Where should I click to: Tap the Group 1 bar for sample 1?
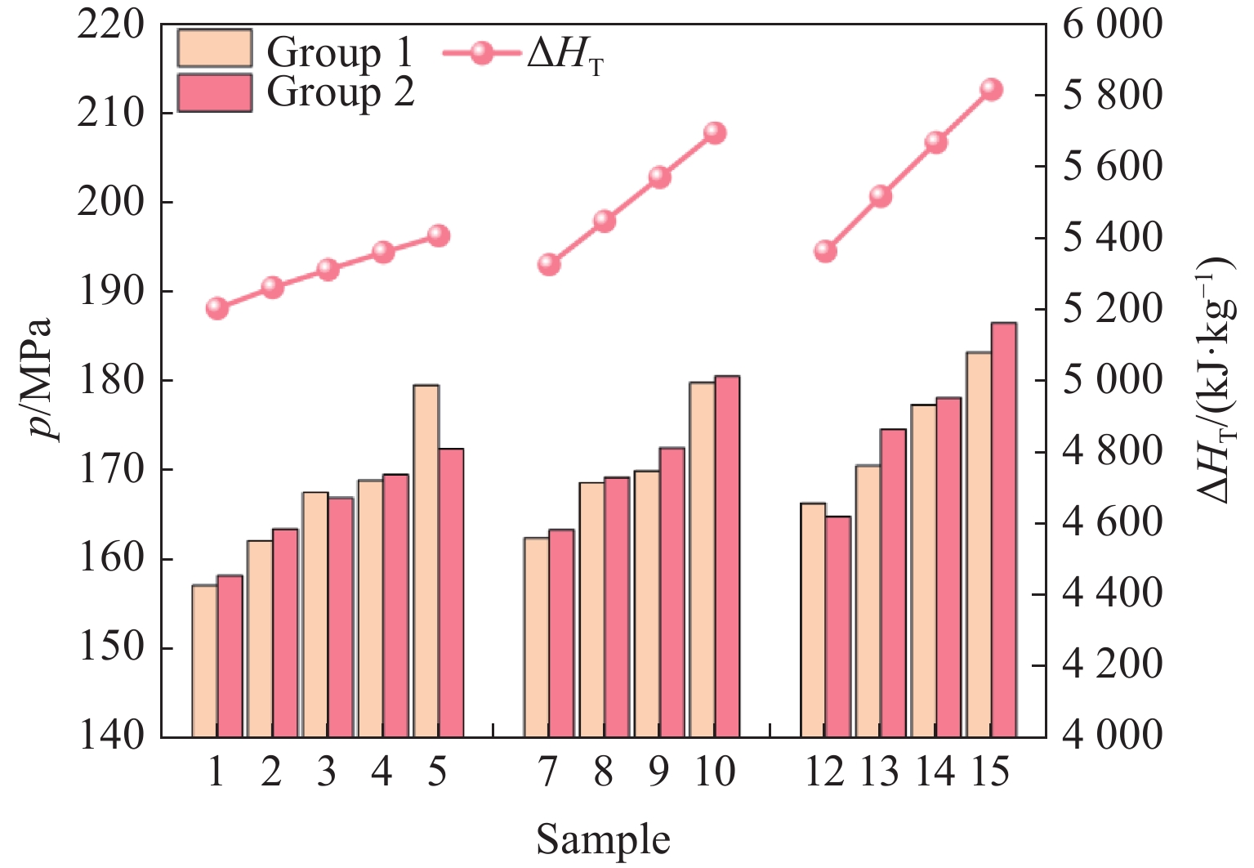[x=204, y=661]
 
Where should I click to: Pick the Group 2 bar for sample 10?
[x=727, y=557]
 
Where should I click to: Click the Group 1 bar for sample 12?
[x=813, y=620]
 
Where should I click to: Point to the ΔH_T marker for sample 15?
[x=991, y=90]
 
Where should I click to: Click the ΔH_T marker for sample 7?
[x=549, y=264]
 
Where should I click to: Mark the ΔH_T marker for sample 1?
[x=217, y=308]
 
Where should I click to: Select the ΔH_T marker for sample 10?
[x=715, y=133]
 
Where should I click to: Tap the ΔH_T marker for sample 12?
[x=826, y=251]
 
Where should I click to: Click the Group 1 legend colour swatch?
[x=214, y=49]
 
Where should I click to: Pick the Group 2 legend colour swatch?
[x=214, y=92]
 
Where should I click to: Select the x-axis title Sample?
[x=603, y=840]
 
